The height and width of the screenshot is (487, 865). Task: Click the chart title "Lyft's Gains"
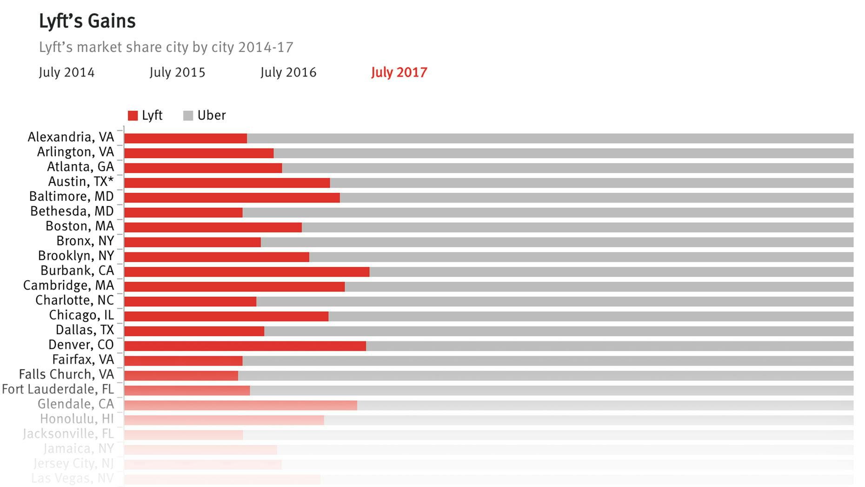(x=87, y=21)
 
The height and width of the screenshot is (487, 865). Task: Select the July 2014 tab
(x=67, y=73)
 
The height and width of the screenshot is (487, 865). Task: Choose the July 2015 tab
(x=177, y=73)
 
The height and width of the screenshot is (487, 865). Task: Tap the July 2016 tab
(x=288, y=73)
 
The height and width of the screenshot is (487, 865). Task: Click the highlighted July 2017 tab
(x=399, y=73)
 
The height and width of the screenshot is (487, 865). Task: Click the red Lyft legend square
(x=133, y=116)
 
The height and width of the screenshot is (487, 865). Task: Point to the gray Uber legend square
(x=188, y=116)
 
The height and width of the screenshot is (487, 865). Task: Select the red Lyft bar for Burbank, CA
(x=246, y=272)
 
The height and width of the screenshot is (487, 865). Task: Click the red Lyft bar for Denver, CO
(x=245, y=346)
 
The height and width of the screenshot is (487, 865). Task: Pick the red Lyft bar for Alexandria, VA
(x=185, y=138)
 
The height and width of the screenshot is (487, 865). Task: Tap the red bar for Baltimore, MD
(x=232, y=198)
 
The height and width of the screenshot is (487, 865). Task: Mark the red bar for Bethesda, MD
(x=183, y=213)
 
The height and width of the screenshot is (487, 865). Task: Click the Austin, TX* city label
(x=81, y=182)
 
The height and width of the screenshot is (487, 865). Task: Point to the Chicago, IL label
(x=81, y=315)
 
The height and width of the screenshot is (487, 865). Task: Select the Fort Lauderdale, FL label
(x=58, y=389)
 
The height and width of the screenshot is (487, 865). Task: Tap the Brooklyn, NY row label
(x=76, y=256)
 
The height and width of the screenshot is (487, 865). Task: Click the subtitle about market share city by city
(x=166, y=47)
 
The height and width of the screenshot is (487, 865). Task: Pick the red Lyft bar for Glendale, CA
(x=240, y=406)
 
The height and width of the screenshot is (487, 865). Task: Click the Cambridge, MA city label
(x=68, y=285)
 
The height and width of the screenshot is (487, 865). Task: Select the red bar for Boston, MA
(x=213, y=228)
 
